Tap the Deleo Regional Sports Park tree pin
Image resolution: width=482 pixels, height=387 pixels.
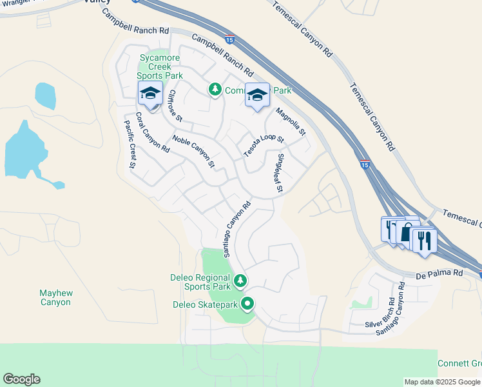click(240, 281)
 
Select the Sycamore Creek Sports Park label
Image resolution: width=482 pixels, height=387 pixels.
click(161, 66)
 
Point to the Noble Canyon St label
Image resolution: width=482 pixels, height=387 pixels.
click(193, 151)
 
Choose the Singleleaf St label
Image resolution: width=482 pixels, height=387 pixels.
click(280, 173)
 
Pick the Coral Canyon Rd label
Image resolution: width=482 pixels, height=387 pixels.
click(151, 133)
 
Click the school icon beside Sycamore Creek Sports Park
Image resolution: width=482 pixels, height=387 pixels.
click(151, 94)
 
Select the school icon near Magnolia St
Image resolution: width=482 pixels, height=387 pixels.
click(257, 95)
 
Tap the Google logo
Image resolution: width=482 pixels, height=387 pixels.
click(21, 379)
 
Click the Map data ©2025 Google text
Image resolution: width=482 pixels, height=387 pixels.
click(442, 382)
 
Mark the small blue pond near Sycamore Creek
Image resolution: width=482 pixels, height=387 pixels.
click(45, 95)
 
